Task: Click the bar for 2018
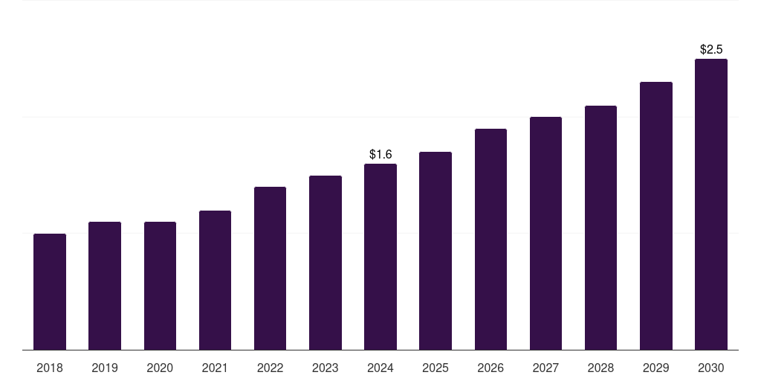click(x=50, y=292)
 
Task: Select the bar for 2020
click(x=160, y=286)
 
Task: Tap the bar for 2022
click(x=270, y=268)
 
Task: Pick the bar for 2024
click(x=380, y=257)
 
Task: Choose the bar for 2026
click(x=490, y=239)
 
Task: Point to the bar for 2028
click(x=600, y=228)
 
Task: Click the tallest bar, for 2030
click(x=711, y=204)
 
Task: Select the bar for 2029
click(x=656, y=216)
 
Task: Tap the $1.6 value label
click(x=380, y=154)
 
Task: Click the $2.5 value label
click(x=711, y=49)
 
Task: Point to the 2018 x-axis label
click(x=50, y=368)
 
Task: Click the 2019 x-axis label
click(x=105, y=368)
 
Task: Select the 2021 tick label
click(x=215, y=368)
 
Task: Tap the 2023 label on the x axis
click(x=326, y=368)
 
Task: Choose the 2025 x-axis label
click(x=435, y=368)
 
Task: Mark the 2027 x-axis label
click(x=545, y=368)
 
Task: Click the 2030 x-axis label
click(x=711, y=368)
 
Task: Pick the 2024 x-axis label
click(x=380, y=368)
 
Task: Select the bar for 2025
click(x=435, y=251)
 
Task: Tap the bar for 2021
click(x=215, y=280)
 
